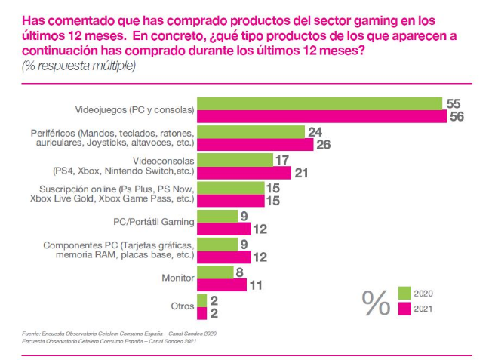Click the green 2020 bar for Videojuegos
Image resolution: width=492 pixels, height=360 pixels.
319,104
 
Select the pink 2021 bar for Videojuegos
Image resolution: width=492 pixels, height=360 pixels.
321,117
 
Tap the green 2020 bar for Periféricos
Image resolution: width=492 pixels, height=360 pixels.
251,132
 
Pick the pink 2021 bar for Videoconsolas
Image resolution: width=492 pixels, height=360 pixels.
244,173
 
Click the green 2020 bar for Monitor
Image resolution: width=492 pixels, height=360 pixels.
215,272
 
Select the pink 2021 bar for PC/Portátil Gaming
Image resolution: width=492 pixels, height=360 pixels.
223,229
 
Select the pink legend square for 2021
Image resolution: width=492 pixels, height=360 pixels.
404,309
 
